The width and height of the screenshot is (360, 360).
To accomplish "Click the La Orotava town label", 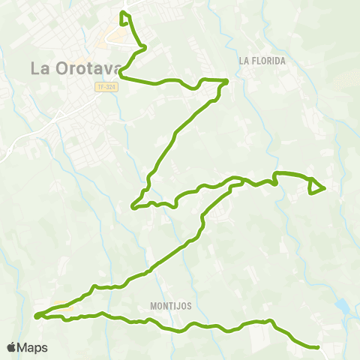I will pyautogui.click(x=75, y=67).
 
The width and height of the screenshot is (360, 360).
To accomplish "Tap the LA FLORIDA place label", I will pyautogui.click(x=263, y=61).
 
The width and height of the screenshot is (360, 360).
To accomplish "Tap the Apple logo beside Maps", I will pyautogui.click(x=11, y=348).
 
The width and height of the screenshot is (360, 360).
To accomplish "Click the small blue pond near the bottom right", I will pyautogui.click(x=342, y=305).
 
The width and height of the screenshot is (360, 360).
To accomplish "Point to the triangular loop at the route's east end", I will pyautogui.click(x=315, y=187).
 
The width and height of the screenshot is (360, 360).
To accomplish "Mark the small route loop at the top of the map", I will pyautogui.click(x=125, y=16).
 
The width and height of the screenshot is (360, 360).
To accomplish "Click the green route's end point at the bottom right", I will pyautogui.click(x=318, y=347).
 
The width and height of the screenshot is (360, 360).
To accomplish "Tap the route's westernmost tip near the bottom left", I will pyautogui.click(x=36, y=316).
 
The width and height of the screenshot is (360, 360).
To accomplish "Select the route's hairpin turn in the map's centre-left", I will pyautogui.click(x=133, y=206).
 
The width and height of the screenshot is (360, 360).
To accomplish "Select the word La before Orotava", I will pyautogui.click(x=40, y=67).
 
